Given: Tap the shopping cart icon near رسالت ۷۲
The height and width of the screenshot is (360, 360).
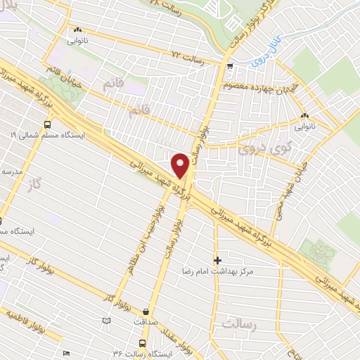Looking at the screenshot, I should coord(230,65).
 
